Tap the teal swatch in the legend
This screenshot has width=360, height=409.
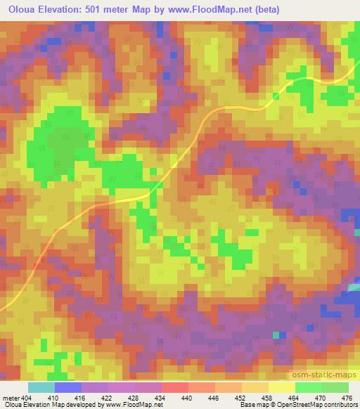coord(41,387)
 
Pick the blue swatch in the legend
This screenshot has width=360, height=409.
coord(68,387)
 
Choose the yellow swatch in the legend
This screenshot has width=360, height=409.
coord(281,387)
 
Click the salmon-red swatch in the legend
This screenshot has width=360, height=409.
coord(174,387)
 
